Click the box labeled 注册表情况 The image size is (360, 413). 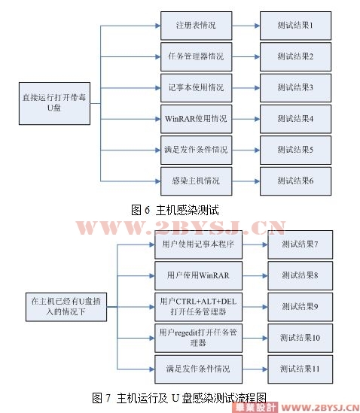point(197,26)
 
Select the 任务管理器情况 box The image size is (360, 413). point(197,56)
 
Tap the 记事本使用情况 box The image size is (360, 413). point(197,88)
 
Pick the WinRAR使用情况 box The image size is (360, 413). point(197,119)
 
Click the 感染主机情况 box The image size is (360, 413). point(197,181)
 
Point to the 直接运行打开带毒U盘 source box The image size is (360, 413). point(54,103)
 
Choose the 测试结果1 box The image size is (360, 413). point(296,26)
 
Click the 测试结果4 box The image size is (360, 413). point(296,119)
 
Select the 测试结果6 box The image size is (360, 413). point(296,181)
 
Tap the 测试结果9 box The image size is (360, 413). point(301,307)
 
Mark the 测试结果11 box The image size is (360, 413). point(301,369)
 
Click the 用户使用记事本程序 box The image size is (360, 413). point(198,244)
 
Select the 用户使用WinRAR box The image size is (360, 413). point(198,275)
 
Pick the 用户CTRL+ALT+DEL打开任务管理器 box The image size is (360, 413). point(198,307)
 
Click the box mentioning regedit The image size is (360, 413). point(198,338)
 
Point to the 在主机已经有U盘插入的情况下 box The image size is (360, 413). point(66,307)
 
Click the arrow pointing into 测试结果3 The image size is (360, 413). point(246,88)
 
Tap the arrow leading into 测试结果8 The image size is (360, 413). point(255,276)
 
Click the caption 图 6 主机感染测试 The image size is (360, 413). point(175,210)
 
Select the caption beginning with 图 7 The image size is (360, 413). point(179,398)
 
